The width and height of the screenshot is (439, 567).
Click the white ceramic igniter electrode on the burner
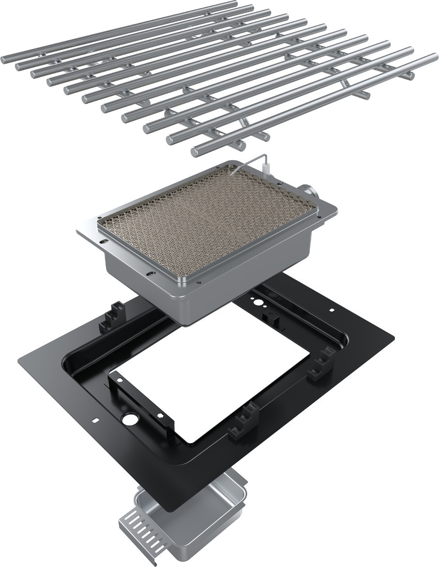point(267,169)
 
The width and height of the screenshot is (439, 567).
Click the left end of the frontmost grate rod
point(195,153)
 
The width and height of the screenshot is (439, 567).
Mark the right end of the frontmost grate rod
point(433,58)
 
